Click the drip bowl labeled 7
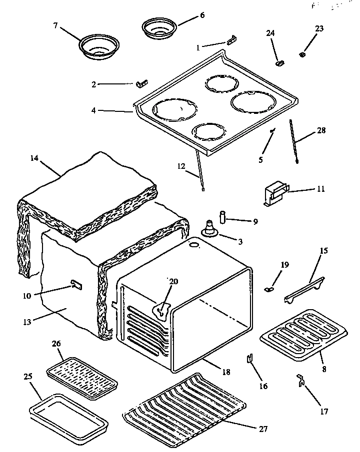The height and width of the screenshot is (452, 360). pos(97,46)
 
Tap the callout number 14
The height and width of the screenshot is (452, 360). pos(33,158)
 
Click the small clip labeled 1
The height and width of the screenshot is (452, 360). pos(231,40)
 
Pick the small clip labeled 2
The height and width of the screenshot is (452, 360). pos(141,82)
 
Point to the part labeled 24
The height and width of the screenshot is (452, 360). pos(280,63)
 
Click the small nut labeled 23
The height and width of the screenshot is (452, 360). pos(303,54)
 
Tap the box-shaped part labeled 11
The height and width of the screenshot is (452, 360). pos(275,194)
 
